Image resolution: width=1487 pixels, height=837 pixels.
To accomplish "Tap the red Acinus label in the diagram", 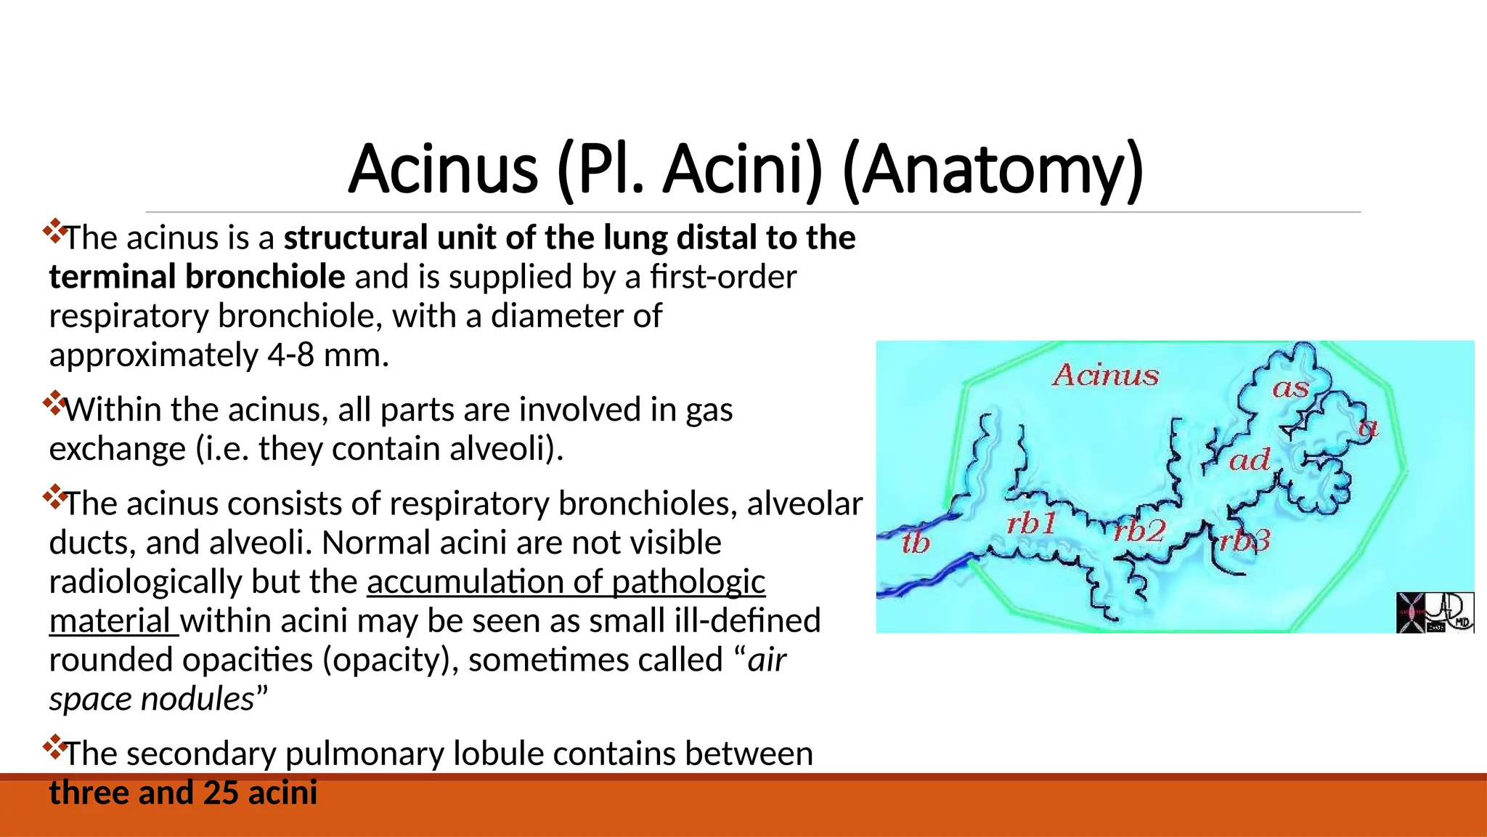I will tap(1105, 375).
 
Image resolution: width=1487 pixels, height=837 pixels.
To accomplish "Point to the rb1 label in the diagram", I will tap(1031, 523).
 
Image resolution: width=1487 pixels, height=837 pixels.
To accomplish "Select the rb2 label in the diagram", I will tap(1139, 531).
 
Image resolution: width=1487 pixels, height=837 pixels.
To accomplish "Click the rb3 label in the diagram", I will tap(1244, 541).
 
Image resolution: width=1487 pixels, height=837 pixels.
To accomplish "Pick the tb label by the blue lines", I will tap(915, 543).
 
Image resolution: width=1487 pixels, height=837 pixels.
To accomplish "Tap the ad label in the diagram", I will tap(1249, 460).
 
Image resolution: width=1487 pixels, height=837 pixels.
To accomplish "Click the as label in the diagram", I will tap(1290, 388).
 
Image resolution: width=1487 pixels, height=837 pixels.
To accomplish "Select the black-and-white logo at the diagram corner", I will tap(1435, 612).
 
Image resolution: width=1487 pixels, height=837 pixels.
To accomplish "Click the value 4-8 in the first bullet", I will tap(290, 355).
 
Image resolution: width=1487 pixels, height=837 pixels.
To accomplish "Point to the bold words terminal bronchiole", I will tap(197, 277).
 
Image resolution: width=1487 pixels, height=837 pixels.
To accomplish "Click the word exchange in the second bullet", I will tap(117, 449).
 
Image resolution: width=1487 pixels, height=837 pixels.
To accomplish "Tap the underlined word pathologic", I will tap(688, 582).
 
